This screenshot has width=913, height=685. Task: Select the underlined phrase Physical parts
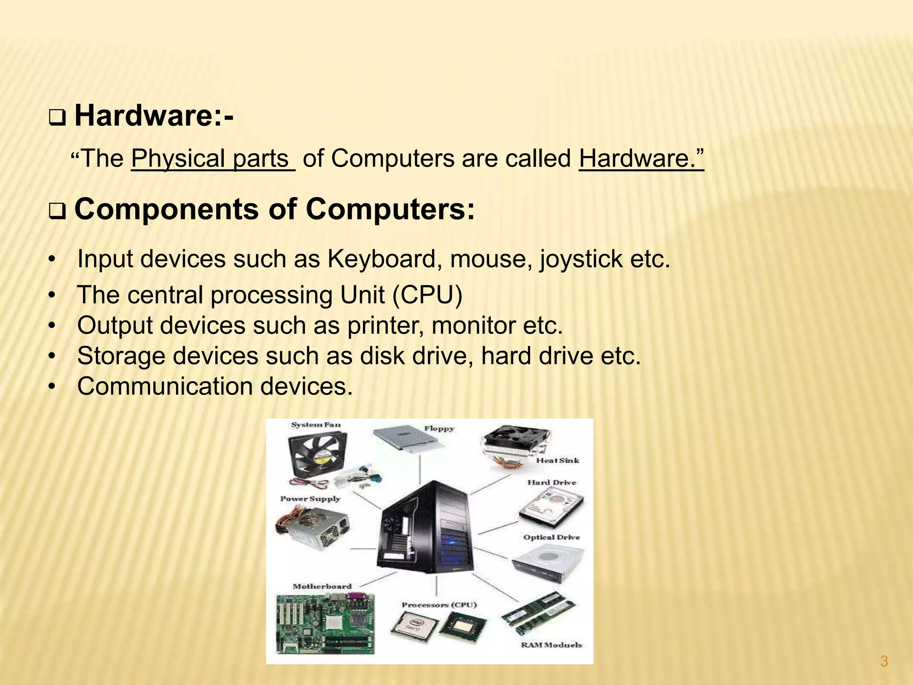pos(213,158)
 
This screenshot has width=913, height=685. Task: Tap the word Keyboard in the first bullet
pos(381,259)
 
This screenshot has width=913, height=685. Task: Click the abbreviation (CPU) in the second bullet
pos(427,295)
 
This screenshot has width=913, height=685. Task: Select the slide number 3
pos(884,661)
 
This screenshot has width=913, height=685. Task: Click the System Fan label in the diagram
pos(316,425)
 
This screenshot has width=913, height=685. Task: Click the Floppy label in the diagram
pos(439,429)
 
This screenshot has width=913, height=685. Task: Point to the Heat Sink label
pos(557,460)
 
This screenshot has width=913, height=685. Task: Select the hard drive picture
pos(551,508)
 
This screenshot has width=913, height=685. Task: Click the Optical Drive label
pos(551,537)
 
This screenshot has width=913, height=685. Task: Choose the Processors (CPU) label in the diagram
pos(439,605)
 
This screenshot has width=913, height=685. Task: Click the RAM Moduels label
pos(551,645)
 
